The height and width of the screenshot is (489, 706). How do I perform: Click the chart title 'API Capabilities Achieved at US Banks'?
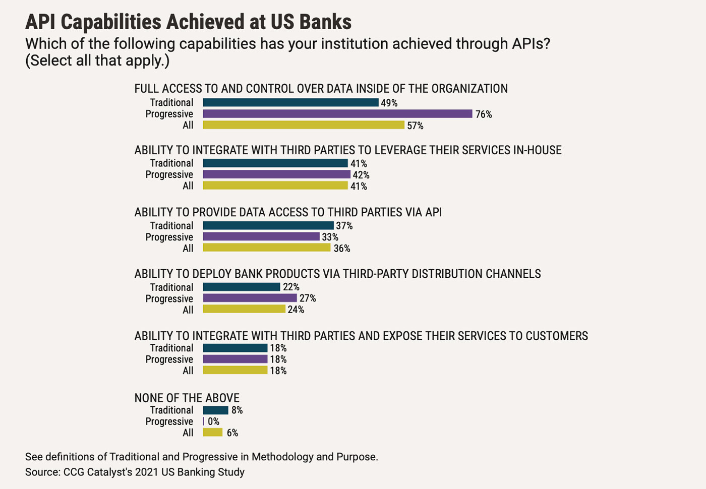tap(188, 22)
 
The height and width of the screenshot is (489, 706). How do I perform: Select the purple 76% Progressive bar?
tap(337, 114)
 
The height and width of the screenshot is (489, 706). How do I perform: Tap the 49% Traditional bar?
tap(290, 103)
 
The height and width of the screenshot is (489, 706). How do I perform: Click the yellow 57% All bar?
tap(304, 125)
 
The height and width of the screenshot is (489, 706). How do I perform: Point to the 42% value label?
tap(361, 175)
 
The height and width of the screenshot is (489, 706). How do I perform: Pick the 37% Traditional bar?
tap(268, 226)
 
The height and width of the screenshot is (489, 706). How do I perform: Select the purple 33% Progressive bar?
tap(261, 237)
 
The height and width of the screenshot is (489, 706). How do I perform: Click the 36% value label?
tap(342, 248)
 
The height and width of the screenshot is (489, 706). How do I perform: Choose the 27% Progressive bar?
tap(250, 298)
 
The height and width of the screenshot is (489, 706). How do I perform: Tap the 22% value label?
tap(291, 287)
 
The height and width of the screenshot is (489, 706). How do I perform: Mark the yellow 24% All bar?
tap(244, 309)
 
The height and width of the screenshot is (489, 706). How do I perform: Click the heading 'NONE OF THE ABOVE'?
tap(187, 398)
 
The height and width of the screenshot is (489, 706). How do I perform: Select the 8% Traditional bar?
tap(215, 410)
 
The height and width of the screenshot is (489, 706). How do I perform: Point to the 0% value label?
tap(213, 421)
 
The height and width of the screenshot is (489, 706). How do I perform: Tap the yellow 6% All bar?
tap(212, 433)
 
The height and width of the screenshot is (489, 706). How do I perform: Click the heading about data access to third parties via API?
tap(288, 212)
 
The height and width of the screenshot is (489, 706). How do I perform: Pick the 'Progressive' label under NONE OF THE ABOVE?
tap(169, 421)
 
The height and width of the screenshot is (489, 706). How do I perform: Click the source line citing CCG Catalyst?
tap(135, 472)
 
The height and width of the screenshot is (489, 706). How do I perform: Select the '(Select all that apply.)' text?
tap(97, 60)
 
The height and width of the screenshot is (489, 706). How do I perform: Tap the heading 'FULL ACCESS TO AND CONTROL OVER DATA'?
tap(321, 89)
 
